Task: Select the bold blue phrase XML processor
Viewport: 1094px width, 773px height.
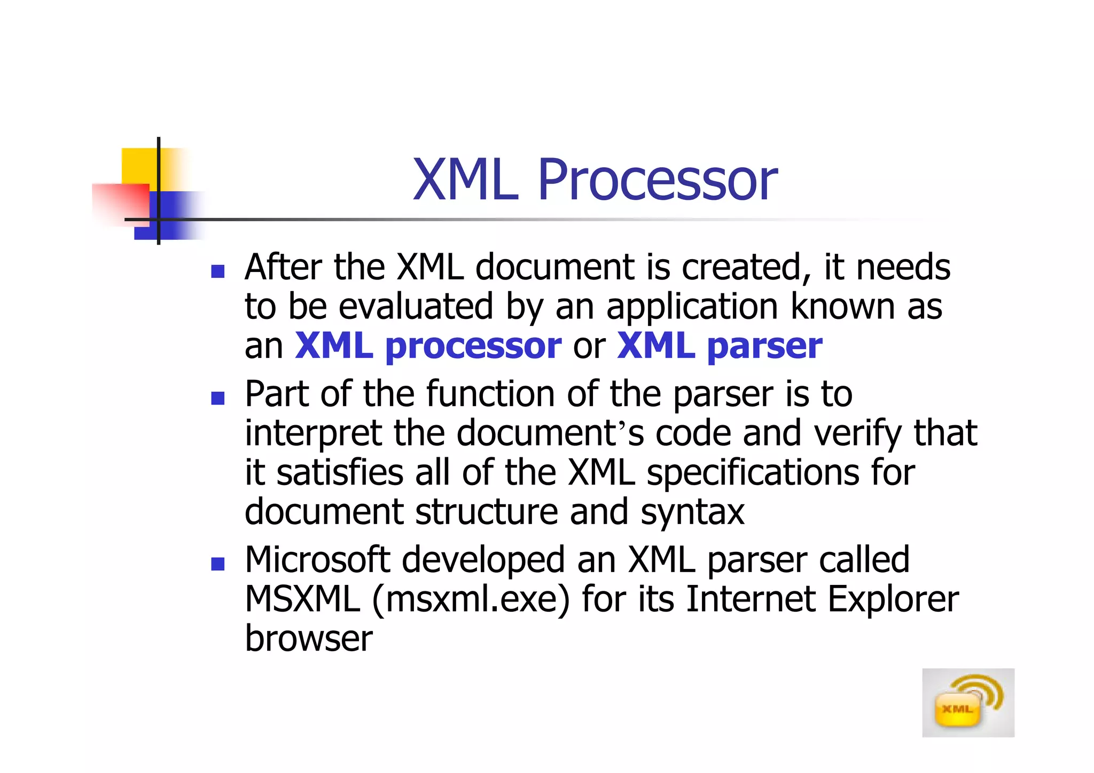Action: pos(428,346)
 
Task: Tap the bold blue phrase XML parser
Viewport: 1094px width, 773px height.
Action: pos(719,346)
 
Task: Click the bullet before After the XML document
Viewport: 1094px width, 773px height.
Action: pos(217,271)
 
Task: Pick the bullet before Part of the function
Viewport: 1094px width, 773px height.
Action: pos(217,398)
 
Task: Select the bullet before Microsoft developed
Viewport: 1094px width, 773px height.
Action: pos(217,564)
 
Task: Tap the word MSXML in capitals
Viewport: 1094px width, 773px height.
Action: pos(302,599)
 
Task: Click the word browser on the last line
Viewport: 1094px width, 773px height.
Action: pos(308,638)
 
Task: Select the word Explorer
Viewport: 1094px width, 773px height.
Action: pos(893,599)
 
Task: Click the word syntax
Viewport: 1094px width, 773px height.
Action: pos(692,512)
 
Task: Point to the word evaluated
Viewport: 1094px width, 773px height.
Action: pos(416,307)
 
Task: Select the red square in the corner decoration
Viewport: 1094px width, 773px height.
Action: pos(120,203)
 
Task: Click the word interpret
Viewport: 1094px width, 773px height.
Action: pos(313,434)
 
